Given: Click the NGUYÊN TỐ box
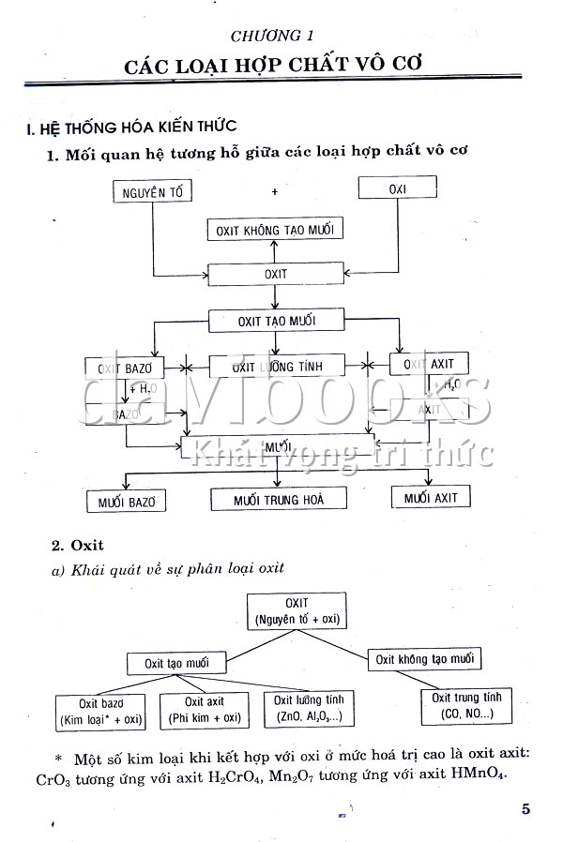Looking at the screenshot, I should tap(151, 193).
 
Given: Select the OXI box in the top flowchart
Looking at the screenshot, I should tap(398, 188).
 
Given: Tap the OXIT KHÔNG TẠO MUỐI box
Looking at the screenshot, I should tap(273, 230).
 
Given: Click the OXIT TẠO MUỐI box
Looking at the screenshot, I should tap(276, 321).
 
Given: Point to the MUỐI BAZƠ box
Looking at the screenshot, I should tap(126, 502).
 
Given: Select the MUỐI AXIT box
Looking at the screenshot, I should tap(431, 498).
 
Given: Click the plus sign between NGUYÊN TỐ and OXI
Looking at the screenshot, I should tap(275, 191).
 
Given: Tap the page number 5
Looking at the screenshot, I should tap(525, 808).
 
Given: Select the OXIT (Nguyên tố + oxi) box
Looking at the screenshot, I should tap(297, 610).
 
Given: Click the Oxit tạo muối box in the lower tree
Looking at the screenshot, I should tap(178, 663).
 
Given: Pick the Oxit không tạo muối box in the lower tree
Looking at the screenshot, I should tap(424, 659).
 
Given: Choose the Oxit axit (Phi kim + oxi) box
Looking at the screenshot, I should tap(205, 710).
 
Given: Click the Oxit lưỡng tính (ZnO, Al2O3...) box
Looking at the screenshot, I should tap(310, 708).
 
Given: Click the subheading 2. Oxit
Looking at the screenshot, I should tap(77, 545).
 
